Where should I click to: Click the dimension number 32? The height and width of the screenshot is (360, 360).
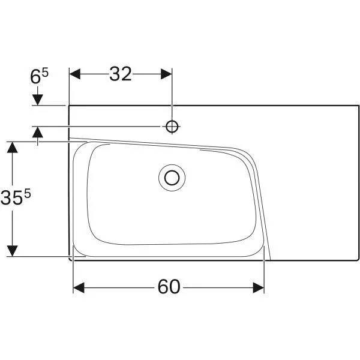[121, 74]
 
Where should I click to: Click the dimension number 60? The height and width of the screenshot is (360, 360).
[169, 287]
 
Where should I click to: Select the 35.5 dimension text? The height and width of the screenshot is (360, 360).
[16, 197]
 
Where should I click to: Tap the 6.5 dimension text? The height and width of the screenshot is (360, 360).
[39, 76]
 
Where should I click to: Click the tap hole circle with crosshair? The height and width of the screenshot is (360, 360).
[172, 126]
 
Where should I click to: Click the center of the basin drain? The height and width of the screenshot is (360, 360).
[172, 178]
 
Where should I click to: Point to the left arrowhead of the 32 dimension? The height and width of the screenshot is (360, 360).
[75, 74]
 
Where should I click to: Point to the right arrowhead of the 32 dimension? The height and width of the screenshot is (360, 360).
[166, 74]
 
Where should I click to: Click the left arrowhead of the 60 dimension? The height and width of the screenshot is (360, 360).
[79, 287]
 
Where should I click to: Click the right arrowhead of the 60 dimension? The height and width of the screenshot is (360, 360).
[259, 287]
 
